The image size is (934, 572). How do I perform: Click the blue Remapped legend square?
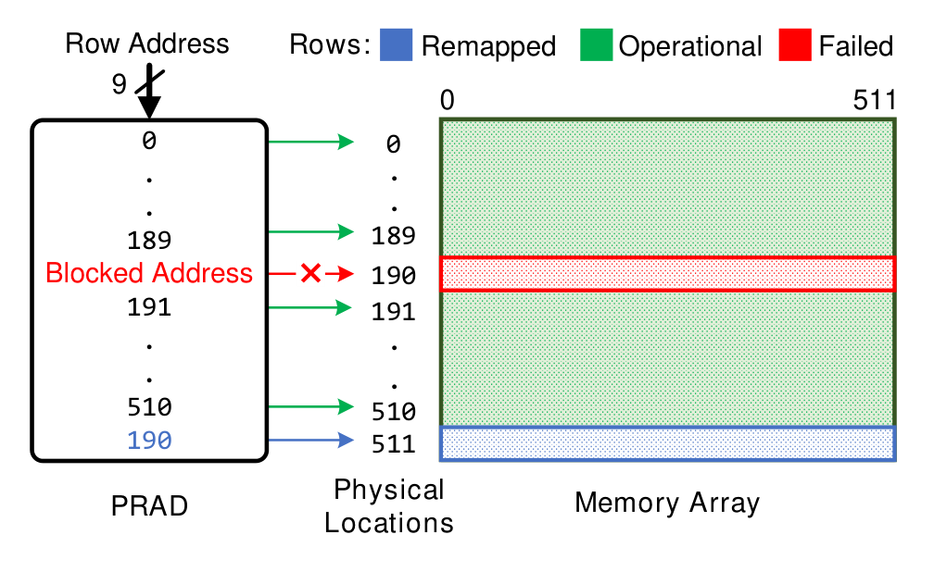click(397, 44)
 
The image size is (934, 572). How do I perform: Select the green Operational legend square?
click(597, 44)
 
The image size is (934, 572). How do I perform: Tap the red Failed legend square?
click(795, 44)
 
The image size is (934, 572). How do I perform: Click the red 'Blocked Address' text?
click(149, 273)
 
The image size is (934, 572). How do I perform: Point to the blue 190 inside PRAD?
click(149, 441)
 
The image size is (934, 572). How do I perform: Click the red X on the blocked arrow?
click(311, 274)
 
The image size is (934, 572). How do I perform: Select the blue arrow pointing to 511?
click(311, 441)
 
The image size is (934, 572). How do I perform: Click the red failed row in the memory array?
click(668, 274)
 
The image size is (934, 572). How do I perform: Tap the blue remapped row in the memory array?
click(668, 443)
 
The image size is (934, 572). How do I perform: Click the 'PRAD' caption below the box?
click(149, 506)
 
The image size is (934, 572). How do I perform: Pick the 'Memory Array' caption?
click(667, 503)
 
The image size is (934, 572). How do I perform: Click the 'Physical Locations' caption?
click(389, 506)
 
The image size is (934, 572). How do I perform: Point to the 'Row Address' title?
click(147, 44)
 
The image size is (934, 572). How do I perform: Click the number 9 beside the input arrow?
click(120, 84)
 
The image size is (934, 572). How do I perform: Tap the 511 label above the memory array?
click(875, 100)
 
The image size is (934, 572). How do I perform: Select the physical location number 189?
click(393, 236)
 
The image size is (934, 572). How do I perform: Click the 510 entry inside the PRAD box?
click(149, 407)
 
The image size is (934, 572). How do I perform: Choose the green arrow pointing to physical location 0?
click(311, 142)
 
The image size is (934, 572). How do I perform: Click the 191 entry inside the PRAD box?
click(149, 307)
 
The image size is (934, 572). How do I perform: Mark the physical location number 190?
click(393, 276)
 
